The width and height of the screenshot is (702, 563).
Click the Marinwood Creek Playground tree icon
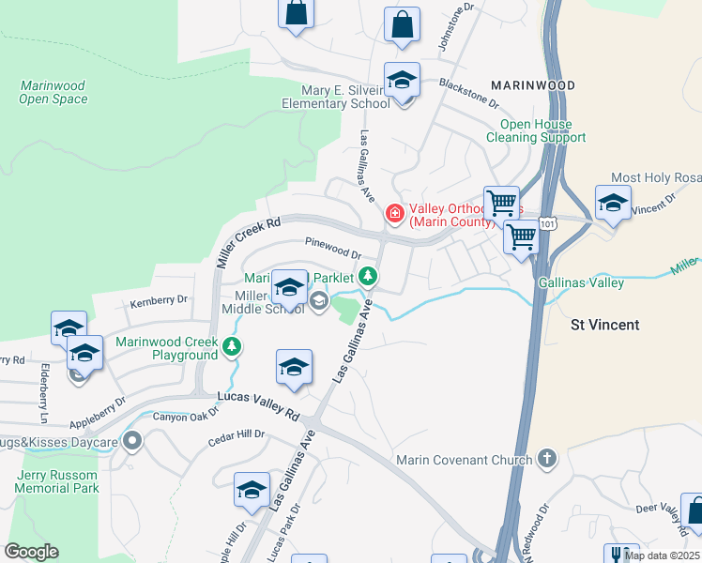coord(231,348)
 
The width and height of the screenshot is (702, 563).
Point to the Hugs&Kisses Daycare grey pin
coord(133,440)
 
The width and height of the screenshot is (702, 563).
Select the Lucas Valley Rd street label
coord(258,405)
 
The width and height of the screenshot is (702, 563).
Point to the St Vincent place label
coord(605,325)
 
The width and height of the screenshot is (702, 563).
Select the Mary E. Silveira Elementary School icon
coord(402,82)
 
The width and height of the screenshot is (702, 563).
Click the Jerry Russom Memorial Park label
coord(58,481)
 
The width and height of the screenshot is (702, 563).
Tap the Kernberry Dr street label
coord(159,300)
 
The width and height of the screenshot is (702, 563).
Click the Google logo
coord(31,552)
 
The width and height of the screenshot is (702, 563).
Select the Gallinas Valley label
coord(581,282)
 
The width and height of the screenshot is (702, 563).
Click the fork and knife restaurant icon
coord(620,555)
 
